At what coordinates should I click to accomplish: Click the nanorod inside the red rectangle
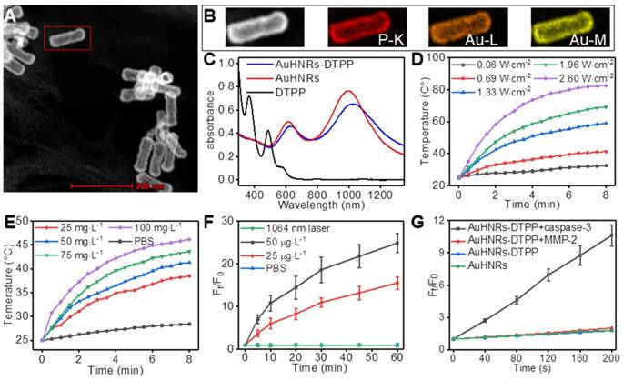66,38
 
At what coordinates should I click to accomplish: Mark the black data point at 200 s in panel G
610,236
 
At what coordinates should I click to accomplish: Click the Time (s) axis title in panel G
532,372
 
